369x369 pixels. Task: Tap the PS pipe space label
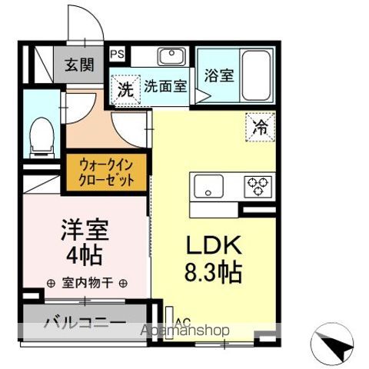point(118,54)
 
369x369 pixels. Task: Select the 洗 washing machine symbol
point(125,88)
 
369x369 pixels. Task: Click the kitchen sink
point(208,185)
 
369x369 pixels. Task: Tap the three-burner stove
point(257,184)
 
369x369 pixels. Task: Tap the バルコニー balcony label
point(85,321)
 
